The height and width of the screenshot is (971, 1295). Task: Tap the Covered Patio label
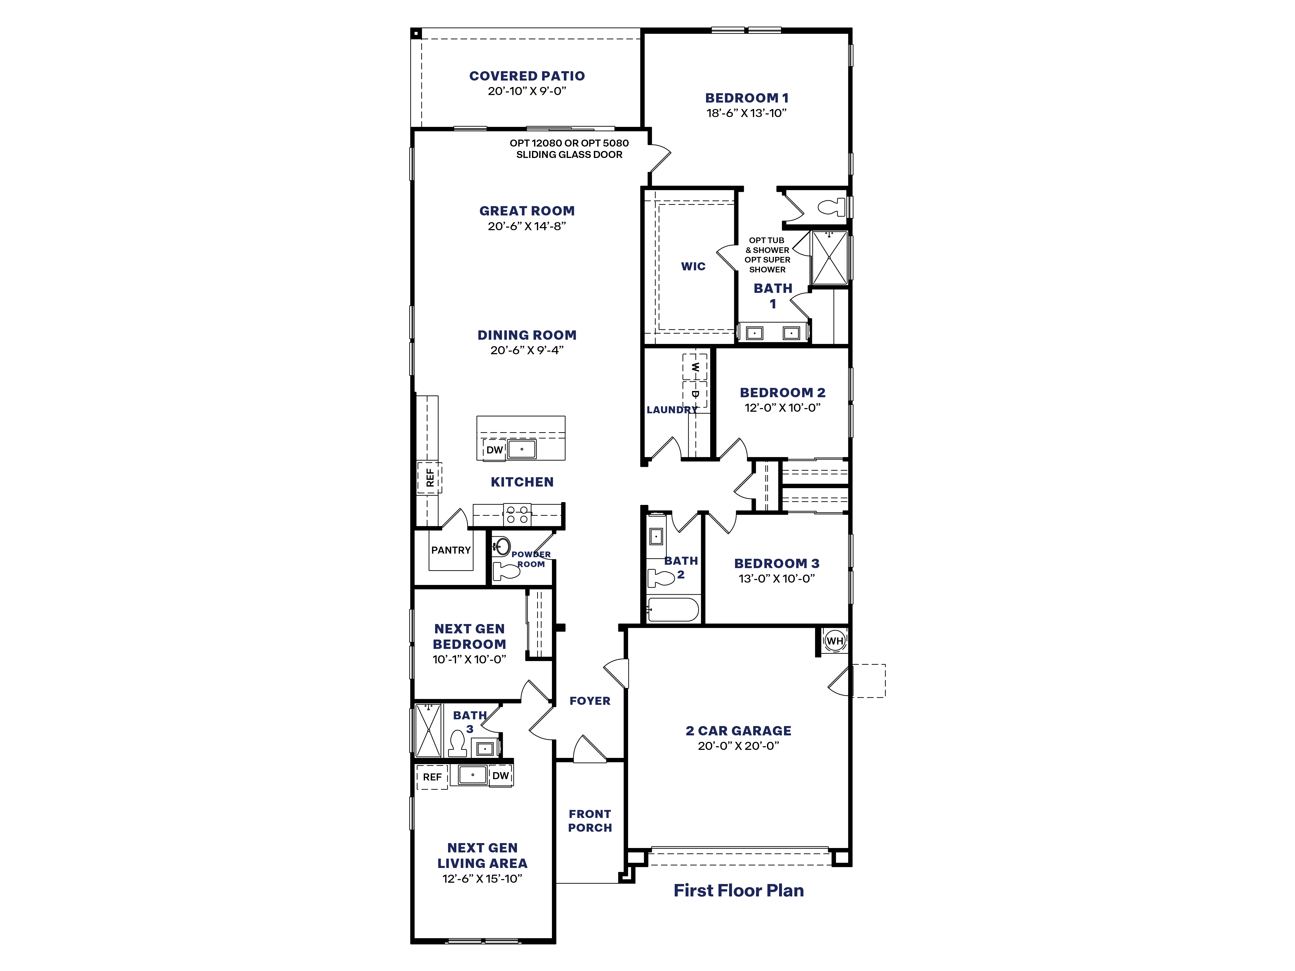pos(527,76)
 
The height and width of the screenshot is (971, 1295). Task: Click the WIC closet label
pos(693,266)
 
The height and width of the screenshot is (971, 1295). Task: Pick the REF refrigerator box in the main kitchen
pos(430,477)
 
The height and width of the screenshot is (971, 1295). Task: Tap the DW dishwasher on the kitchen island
pos(495,450)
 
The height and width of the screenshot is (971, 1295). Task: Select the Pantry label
pos(451,550)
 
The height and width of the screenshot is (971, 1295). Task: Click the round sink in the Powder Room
pos(501,546)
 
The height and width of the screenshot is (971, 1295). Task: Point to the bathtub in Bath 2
pos(673,610)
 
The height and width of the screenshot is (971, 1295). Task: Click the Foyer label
pos(589,701)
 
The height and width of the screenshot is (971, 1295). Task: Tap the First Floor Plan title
pos(738,890)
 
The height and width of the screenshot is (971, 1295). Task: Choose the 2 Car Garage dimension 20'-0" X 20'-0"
pos(738,746)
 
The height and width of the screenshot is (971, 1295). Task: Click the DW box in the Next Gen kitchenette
pos(501,776)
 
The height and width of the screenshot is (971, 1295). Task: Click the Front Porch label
pos(589,821)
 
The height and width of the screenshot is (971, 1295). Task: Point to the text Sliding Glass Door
pos(569,155)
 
